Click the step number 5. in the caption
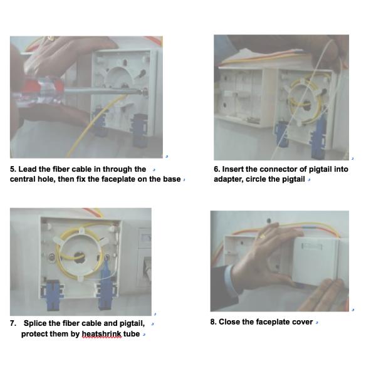coord(13,169)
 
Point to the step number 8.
coord(213,322)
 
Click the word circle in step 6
coord(260,179)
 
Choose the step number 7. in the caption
coord(13,323)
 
